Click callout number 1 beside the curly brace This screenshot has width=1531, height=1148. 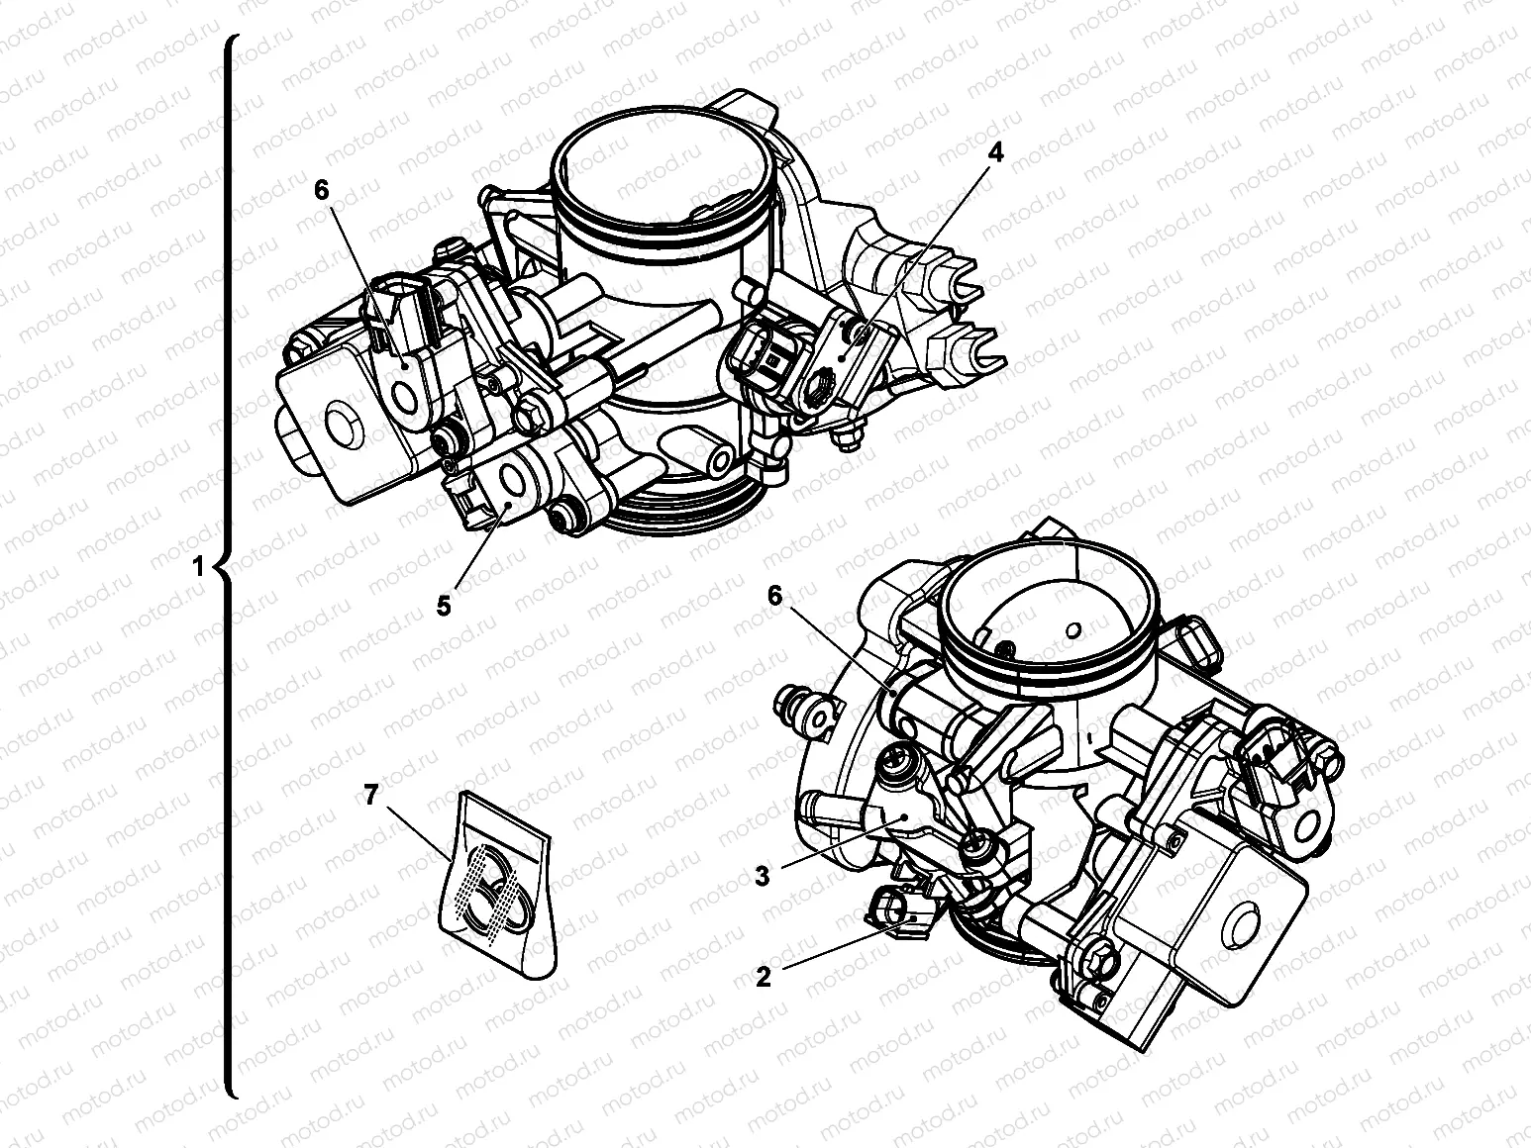[x=199, y=566]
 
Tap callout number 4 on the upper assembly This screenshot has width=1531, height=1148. [x=996, y=152]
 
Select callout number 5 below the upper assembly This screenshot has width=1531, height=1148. [x=444, y=606]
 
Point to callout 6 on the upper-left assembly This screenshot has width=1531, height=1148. [x=322, y=190]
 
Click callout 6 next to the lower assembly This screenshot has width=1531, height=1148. [x=775, y=595]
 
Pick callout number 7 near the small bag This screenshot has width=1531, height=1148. [x=370, y=794]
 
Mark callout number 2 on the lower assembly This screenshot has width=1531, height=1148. [x=764, y=977]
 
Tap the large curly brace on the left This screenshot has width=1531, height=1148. [x=228, y=566]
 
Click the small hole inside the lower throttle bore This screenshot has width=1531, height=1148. [x=1073, y=630]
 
